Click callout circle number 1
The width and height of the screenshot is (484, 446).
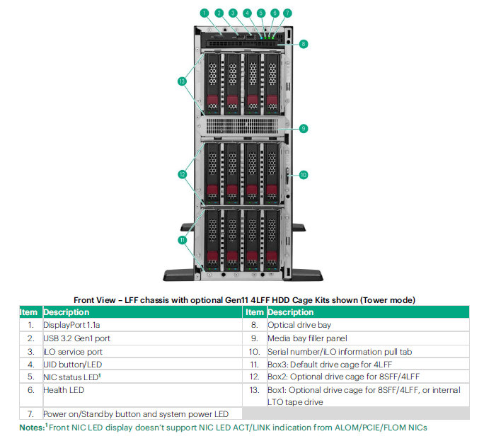[204, 13]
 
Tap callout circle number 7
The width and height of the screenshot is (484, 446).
[287, 13]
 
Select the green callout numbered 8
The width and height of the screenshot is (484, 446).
[303, 44]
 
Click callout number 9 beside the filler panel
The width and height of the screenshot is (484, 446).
[303, 129]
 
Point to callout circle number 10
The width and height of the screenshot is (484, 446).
[303, 174]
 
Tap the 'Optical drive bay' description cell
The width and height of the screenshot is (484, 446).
[301, 326]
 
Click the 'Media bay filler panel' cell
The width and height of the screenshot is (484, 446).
[307, 338]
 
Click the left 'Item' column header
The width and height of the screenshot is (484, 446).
[28, 312]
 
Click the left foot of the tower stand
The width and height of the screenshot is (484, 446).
[185, 273]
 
